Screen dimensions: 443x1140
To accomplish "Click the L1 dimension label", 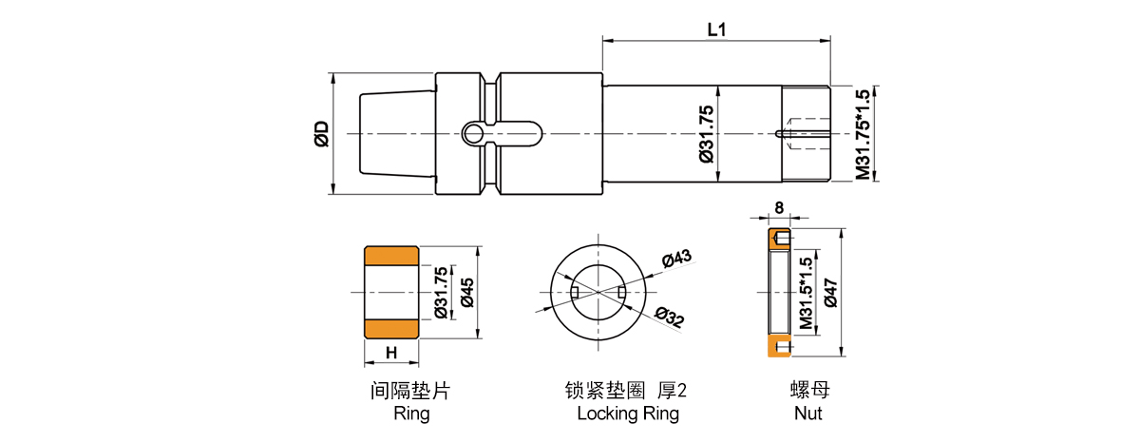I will click(x=716, y=29).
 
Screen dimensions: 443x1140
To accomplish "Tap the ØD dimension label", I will click(x=321, y=134).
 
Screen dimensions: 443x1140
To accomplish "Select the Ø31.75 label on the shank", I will click(x=706, y=133).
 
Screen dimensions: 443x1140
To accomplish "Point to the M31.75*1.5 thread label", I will click(x=863, y=134).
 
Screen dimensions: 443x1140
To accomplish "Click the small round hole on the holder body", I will click(x=472, y=133).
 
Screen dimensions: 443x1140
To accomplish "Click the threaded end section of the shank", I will click(x=805, y=133).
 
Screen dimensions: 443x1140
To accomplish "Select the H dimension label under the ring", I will click(x=390, y=353).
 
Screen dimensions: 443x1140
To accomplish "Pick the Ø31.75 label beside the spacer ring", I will click(x=440, y=293).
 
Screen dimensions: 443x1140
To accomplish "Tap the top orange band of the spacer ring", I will click(x=391, y=256).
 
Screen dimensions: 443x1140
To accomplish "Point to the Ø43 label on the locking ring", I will click(x=675, y=259).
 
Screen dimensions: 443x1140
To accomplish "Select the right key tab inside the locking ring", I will click(x=622, y=291).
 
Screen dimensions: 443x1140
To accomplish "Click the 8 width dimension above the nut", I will click(x=779, y=207).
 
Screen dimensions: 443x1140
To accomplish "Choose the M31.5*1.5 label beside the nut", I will click(x=806, y=293).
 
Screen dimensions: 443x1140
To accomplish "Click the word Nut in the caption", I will click(x=807, y=414).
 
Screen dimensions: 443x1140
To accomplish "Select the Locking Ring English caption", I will click(x=628, y=414).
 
